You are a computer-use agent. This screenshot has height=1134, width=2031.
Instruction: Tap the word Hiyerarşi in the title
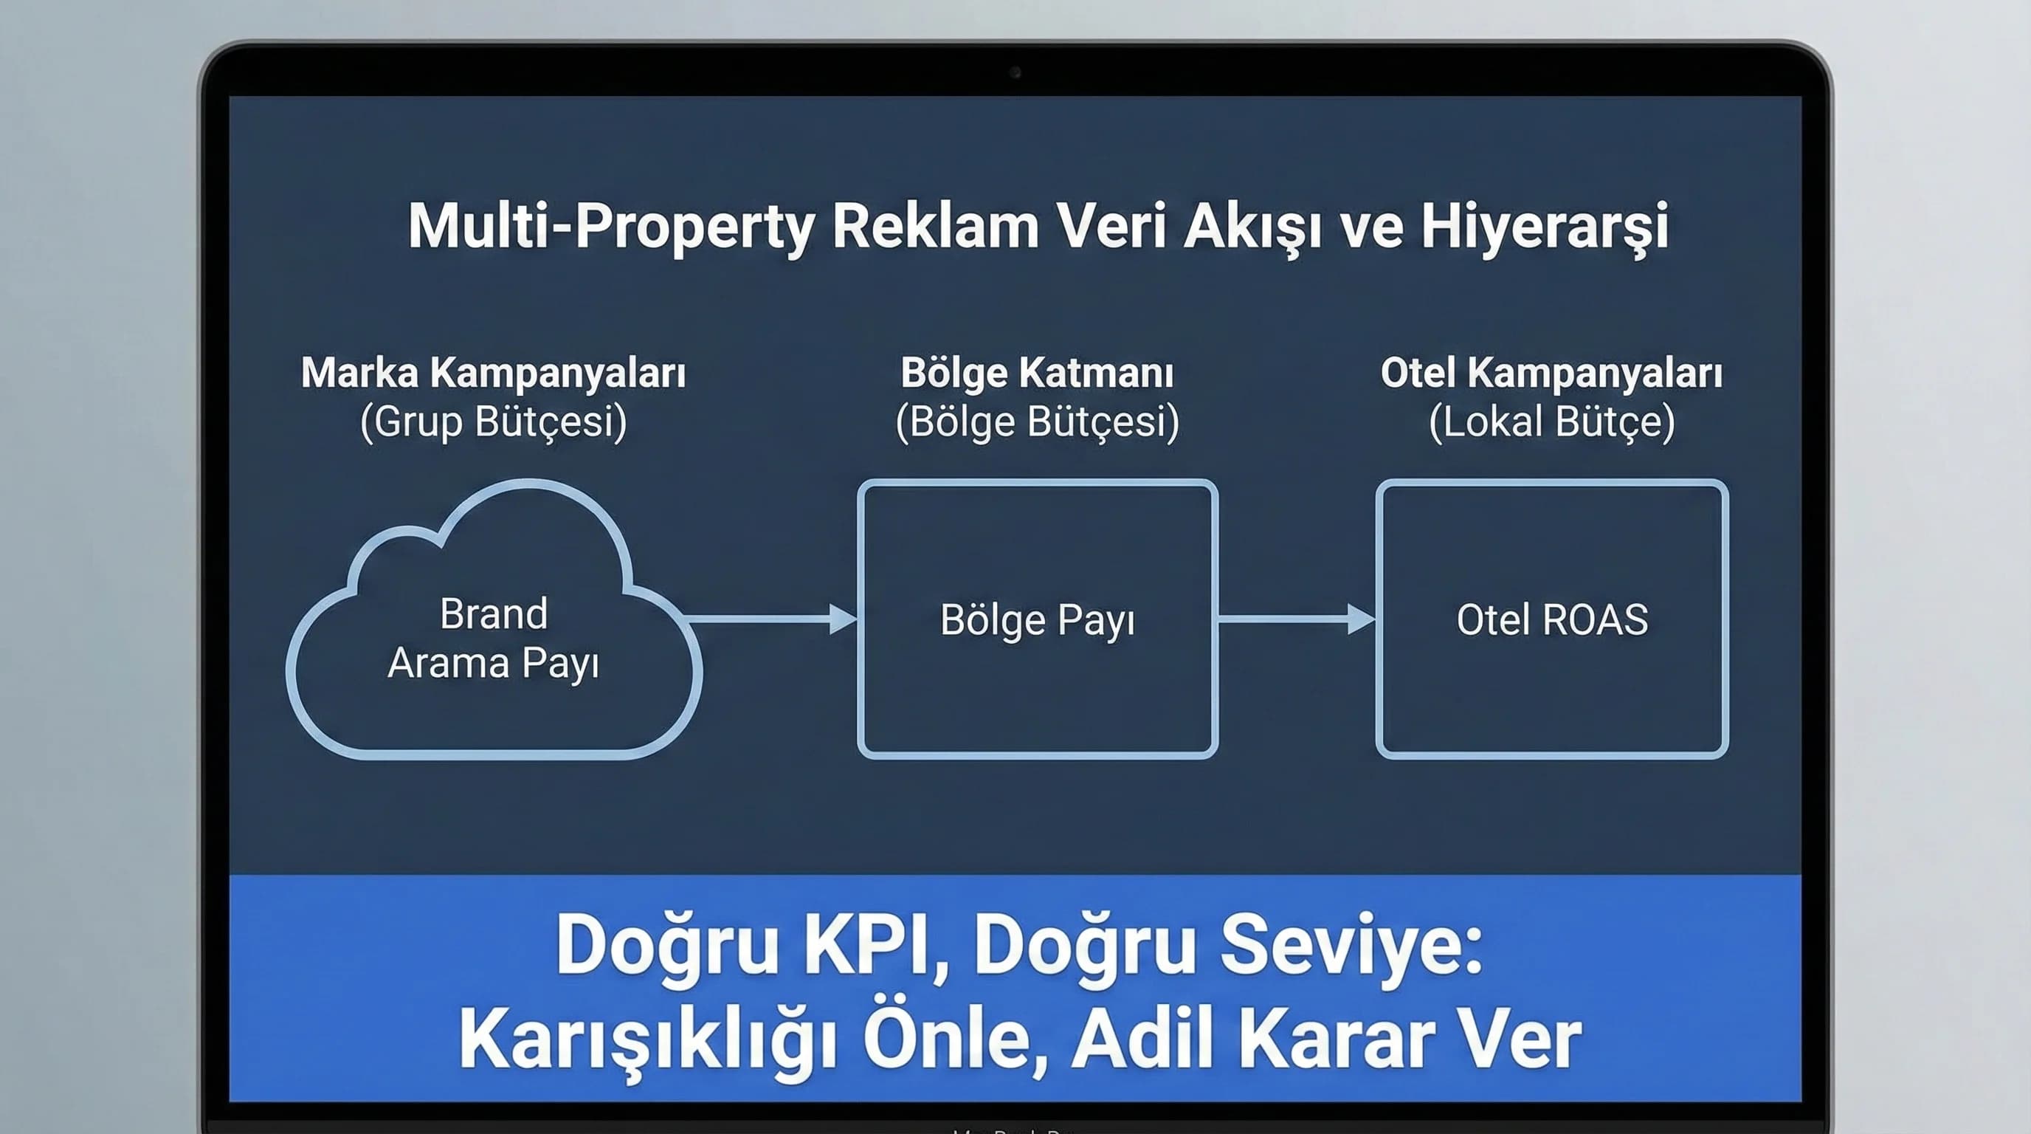click(1545, 227)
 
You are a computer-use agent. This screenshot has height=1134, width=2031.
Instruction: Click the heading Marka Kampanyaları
click(493, 373)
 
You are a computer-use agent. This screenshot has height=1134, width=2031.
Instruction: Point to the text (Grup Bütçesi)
click(493, 422)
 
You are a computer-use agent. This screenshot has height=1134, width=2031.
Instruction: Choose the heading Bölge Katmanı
click(1037, 373)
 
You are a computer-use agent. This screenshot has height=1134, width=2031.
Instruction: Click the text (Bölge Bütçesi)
click(1037, 422)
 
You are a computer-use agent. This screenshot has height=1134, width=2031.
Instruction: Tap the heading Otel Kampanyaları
click(1551, 373)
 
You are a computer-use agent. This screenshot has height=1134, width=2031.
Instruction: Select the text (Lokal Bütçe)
click(1551, 422)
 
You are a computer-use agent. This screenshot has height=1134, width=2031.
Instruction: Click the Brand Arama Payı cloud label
click(493, 639)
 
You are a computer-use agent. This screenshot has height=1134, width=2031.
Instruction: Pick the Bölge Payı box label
click(1037, 621)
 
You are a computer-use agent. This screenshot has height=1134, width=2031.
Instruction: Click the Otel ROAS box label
click(1551, 620)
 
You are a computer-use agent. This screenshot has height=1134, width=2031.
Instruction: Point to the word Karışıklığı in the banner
click(646, 1039)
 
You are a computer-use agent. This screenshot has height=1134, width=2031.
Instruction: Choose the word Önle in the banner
click(956, 1039)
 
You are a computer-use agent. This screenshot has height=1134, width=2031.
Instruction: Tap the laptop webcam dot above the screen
click(1015, 72)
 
